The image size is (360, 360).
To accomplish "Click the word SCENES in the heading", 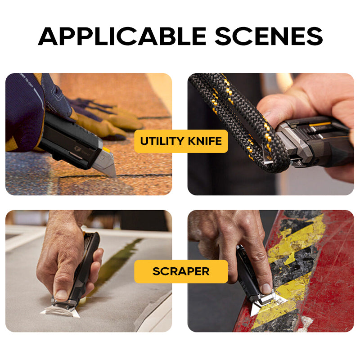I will coord(269,36).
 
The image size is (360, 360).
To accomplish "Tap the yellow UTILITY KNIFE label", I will coord(181,141).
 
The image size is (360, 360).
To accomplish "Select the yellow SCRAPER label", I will coord(181,271).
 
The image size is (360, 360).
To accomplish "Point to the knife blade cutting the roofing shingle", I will coord(107,165).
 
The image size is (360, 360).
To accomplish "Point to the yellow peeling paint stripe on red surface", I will coord(306,234).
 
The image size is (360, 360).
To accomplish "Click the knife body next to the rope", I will coord(315,139).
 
